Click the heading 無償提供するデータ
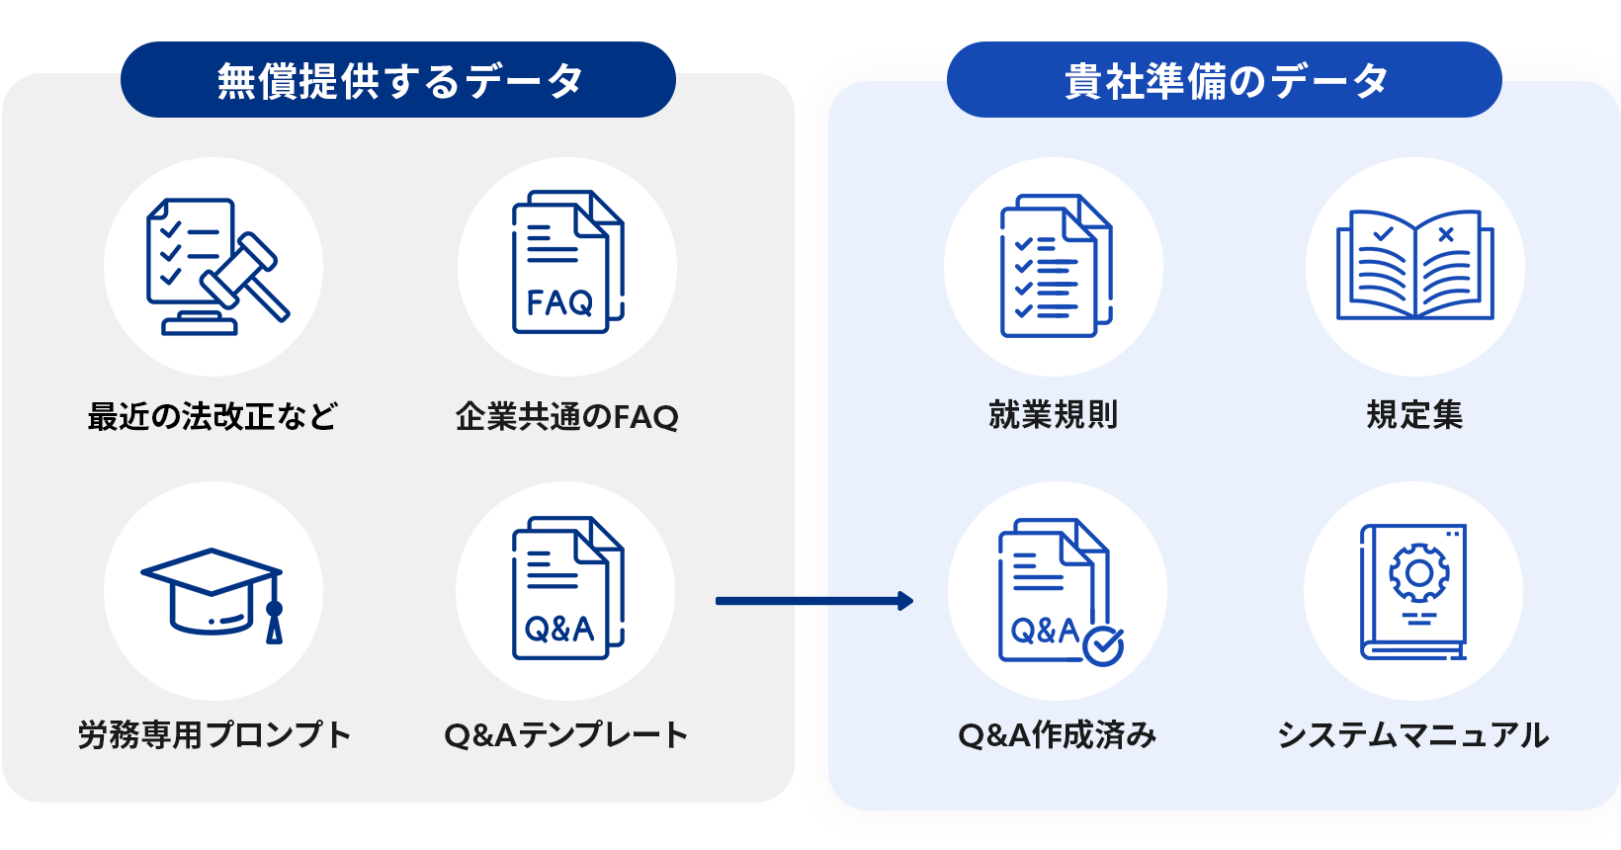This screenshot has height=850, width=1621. click(x=398, y=80)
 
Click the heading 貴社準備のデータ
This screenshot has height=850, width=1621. click(x=1225, y=80)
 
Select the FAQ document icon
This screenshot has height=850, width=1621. click(x=566, y=264)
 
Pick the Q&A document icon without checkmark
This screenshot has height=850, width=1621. click(x=566, y=589)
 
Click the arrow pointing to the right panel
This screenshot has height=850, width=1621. click(x=813, y=601)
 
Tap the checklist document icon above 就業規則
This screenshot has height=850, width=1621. click(x=1055, y=267)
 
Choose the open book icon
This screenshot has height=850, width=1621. click(x=1414, y=265)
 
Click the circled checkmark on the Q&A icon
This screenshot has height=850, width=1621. click(x=1103, y=646)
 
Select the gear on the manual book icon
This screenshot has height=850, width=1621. click(x=1418, y=573)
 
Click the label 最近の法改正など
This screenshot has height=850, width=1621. click(x=213, y=416)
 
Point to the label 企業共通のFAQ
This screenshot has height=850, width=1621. click(x=566, y=416)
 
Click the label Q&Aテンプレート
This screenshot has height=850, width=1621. click(x=565, y=734)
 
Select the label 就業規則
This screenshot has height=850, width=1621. click(x=1054, y=414)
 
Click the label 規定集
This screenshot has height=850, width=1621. click(x=1414, y=414)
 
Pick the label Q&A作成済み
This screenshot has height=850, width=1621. click(x=1057, y=734)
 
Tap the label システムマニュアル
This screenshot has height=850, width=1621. click(x=1412, y=734)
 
